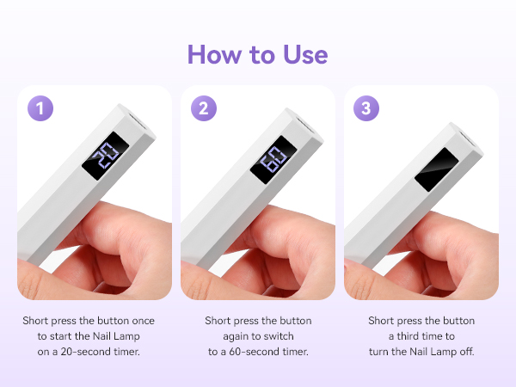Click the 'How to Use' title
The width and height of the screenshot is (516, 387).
coord(257,53)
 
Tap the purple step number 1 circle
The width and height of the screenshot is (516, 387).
coord(40,108)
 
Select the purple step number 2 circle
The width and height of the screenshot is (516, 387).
coord(203,108)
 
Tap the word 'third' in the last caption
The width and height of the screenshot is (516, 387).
coord(427,336)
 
